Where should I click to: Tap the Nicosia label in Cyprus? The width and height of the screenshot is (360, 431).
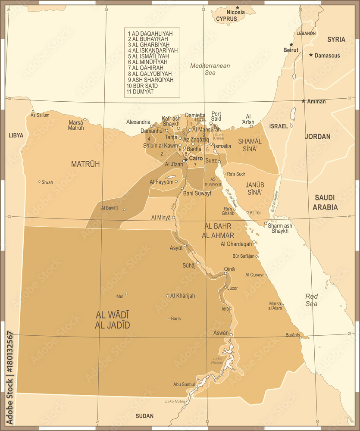[235, 12]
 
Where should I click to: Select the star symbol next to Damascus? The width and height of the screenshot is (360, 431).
[311, 55]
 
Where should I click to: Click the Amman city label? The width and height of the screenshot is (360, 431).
[317, 101]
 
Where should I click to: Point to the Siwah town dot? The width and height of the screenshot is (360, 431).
[39, 181]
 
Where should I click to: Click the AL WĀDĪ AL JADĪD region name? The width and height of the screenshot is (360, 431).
[113, 320]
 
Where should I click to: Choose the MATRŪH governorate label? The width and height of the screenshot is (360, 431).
[85, 164]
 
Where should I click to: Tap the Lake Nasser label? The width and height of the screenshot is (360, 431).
[218, 361]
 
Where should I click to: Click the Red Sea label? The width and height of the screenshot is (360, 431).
[311, 300]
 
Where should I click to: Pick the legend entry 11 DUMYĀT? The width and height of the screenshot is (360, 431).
[140, 91]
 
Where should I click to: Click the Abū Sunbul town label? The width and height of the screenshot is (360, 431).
[184, 384]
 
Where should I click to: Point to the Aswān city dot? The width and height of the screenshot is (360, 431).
[231, 334]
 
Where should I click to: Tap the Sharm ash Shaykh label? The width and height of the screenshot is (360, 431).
[280, 228]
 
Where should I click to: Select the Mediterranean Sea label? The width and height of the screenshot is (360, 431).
[210, 69]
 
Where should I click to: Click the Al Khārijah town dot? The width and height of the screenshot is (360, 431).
[168, 296]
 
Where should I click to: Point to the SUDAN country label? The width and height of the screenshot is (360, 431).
[144, 416]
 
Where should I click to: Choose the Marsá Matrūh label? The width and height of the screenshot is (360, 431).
[76, 125]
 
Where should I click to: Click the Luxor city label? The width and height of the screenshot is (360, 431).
[232, 288]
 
